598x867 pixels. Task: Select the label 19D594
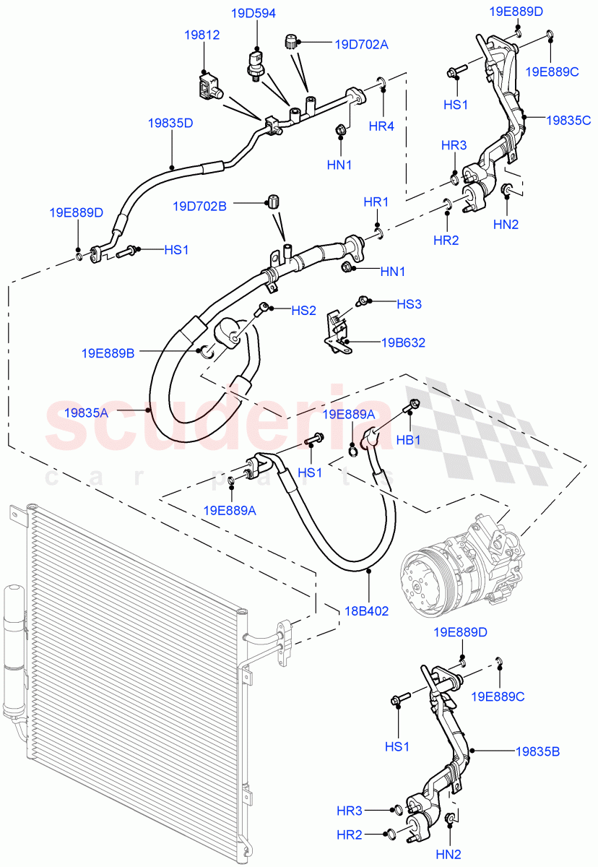click(253, 13)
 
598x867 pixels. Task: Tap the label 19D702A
click(361, 45)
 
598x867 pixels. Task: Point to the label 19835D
click(170, 123)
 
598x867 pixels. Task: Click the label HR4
click(381, 126)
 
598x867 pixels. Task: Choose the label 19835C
click(568, 120)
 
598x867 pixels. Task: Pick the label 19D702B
click(199, 206)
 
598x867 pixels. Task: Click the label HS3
click(409, 304)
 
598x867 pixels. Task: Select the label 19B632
click(403, 342)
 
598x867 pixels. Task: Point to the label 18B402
click(367, 611)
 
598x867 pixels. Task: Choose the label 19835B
click(537, 751)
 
